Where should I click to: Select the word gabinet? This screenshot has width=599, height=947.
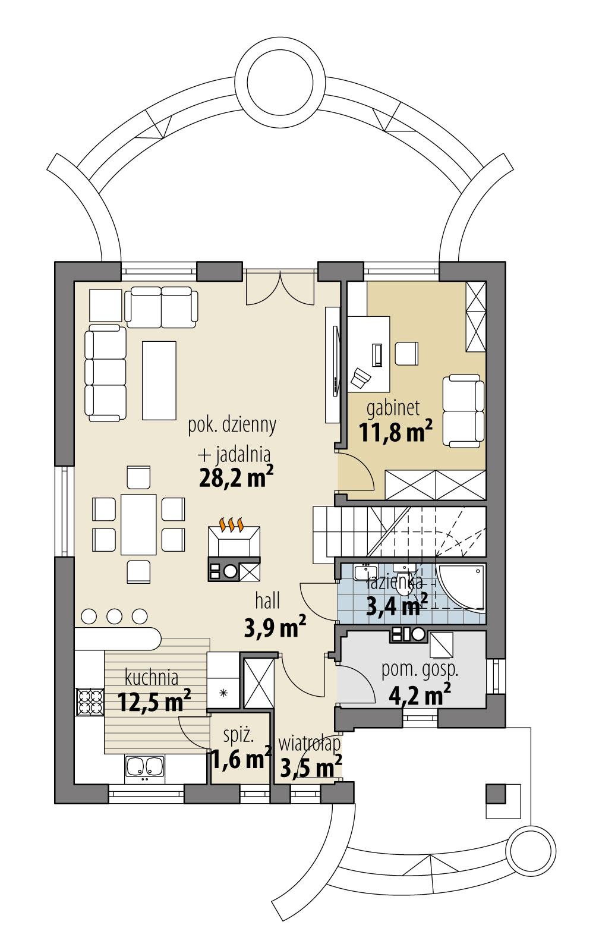pyautogui.click(x=393, y=408)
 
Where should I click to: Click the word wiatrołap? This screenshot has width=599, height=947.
pyautogui.click(x=309, y=743)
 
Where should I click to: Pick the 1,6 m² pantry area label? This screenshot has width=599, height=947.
pyautogui.click(x=240, y=760)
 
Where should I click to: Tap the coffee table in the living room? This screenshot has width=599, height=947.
pyautogui.click(x=159, y=380)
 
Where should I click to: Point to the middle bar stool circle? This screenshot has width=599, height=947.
pyautogui.click(x=114, y=616)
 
